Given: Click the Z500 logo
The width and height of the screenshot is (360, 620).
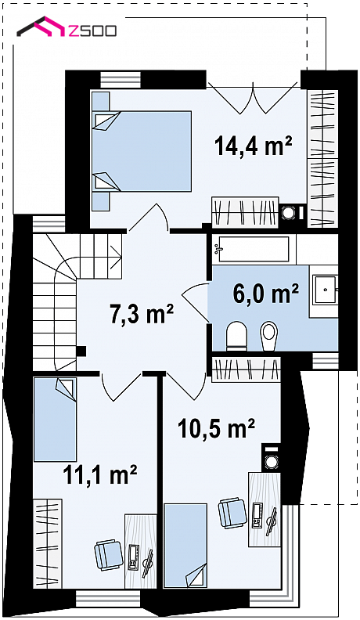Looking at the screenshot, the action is pyautogui.click(x=67, y=27).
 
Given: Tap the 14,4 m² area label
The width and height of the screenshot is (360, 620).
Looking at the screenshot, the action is pyautogui.click(x=254, y=146).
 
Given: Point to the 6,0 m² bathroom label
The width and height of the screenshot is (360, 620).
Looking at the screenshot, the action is pyautogui.click(x=265, y=294).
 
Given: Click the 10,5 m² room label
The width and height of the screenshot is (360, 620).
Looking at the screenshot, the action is pyautogui.click(x=216, y=428).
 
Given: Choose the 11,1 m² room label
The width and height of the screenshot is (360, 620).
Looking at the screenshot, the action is pyautogui.click(x=100, y=474).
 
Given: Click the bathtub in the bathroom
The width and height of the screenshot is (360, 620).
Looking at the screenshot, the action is pyautogui.click(x=254, y=250).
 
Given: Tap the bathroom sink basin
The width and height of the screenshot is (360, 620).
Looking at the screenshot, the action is pyautogui.click(x=325, y=290).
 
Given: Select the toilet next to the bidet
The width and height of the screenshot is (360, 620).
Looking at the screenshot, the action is pyautogui.click(x=236, y=336).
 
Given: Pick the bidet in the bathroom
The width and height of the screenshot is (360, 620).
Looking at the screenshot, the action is pyautogui.click(x=268, y=336).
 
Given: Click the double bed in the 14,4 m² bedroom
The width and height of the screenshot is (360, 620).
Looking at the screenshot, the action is pyautogui.click(x=142, y=151).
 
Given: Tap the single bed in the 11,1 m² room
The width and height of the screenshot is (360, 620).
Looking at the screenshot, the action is pyautogui.click(x=55, y=420).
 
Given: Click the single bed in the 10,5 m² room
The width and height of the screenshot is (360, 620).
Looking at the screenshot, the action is pyautogui.click(x=185, y=545).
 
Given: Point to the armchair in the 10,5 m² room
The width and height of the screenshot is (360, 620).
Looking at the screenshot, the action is pyautogui.click(x=232, y=513).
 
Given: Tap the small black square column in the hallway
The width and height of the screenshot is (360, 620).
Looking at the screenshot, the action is pyautogui.click(x=81, y=351).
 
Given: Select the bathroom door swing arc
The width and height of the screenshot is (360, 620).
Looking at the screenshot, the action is pyautogui.click(x=195, y=301).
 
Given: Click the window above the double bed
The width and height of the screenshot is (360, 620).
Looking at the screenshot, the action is pyautogui.click(x=121, y=79).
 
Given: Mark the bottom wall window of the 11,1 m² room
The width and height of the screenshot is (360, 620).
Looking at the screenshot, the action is pyautogui.click(x=108, y=598).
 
